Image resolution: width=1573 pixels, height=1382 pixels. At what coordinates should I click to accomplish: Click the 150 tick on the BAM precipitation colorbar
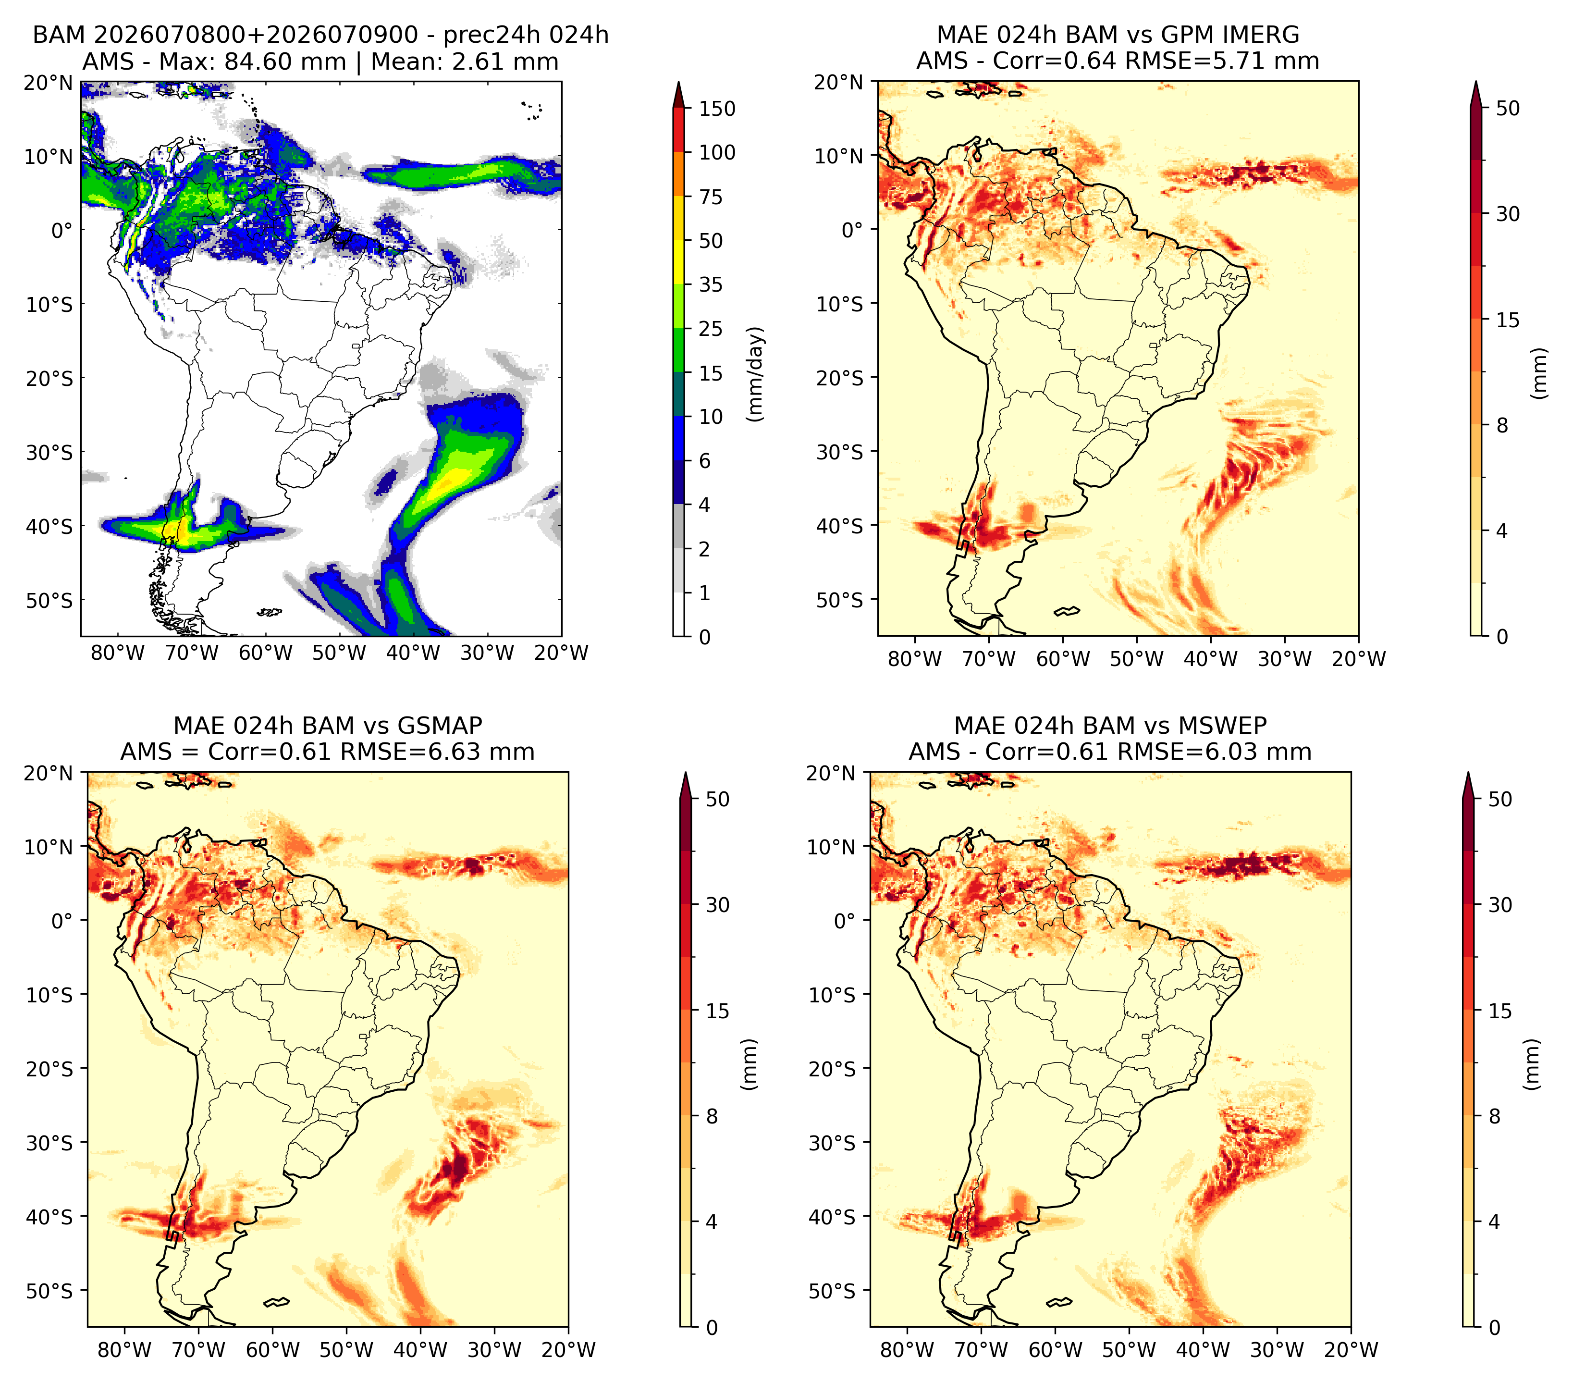click(x=716, y=109)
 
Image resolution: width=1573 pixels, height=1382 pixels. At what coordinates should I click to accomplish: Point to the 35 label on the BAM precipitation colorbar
click(x=710, y=284)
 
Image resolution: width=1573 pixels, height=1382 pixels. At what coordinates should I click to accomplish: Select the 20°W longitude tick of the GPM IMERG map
click(x=1358, y=659)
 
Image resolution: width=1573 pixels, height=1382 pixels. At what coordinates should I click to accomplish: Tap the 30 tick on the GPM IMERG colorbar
click(x=1508, y=214)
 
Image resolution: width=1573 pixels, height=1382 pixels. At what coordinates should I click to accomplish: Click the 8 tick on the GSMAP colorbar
click(x=712, y=1116)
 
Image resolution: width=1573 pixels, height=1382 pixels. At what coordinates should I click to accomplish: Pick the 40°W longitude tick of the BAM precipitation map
click(x=413, y=653)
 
